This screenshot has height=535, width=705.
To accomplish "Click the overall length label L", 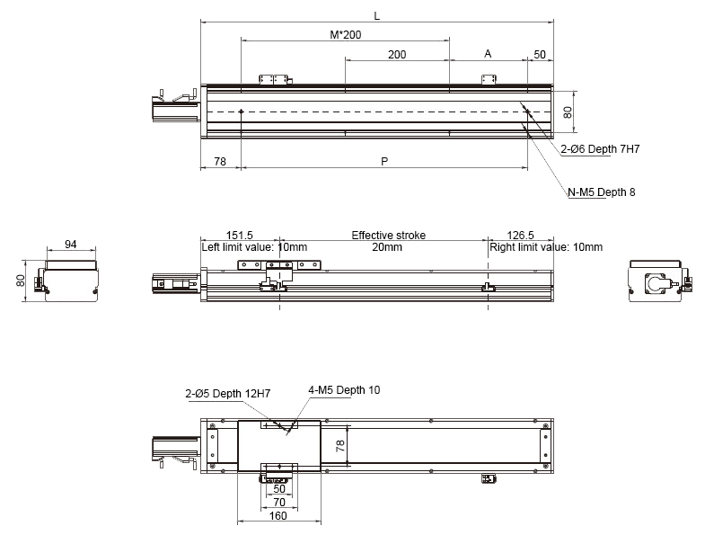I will tap(376, 15).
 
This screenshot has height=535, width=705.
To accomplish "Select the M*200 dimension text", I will tap(345, 34).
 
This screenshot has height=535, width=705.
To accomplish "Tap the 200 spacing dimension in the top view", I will tap(396, 55).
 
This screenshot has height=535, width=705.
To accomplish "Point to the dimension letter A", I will tap(488, 54).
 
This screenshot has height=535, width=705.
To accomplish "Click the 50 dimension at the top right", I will tap(540, 55).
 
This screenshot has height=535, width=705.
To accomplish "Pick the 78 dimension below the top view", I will tap(220, 162).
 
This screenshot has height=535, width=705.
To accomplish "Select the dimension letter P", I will tap(384, 162).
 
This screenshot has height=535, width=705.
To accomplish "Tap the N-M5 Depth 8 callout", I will tap(601, 192).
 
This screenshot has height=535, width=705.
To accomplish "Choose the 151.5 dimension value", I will tap(240, 236).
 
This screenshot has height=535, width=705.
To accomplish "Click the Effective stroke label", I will tap(388, 236).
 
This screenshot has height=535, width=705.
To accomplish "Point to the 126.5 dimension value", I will tap(521, 236).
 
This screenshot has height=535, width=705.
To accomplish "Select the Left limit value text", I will tap(254, 247).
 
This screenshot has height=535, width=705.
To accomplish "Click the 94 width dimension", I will tap(70, 245).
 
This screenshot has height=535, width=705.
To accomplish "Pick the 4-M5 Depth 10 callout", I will tap(344, 389).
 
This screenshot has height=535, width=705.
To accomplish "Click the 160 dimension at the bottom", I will tap(278, 515).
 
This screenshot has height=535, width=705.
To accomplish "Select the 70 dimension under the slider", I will tap(278, 502).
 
